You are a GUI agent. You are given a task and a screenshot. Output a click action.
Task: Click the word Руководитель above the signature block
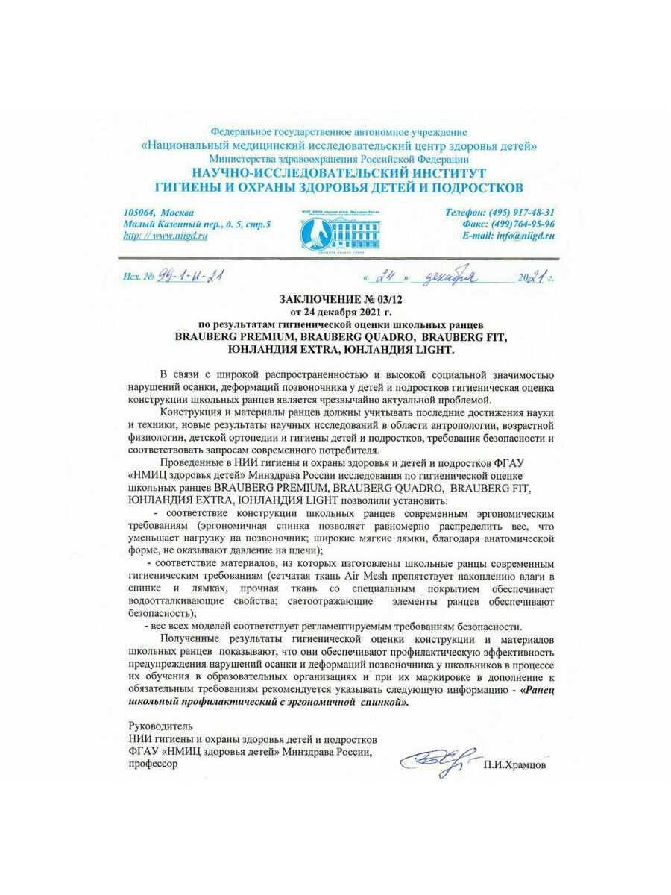coord(160,726)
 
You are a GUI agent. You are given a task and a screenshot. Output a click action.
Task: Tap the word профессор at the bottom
coord(154,764)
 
